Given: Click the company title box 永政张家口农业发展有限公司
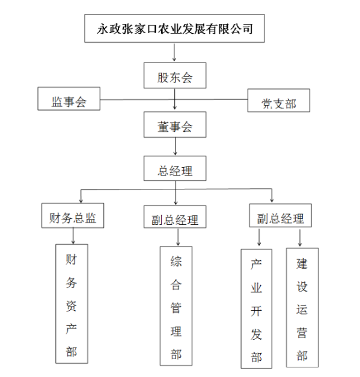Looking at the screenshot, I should (x=174, y=28).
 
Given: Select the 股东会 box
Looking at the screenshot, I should (x=174, y=77).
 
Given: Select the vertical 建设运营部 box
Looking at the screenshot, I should (x=302, y=307).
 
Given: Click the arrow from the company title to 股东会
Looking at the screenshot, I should (x=174, y=53).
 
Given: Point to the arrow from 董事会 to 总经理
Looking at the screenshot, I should (x=174, y=146).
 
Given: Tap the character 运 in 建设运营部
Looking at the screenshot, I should (x=302, y=310).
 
